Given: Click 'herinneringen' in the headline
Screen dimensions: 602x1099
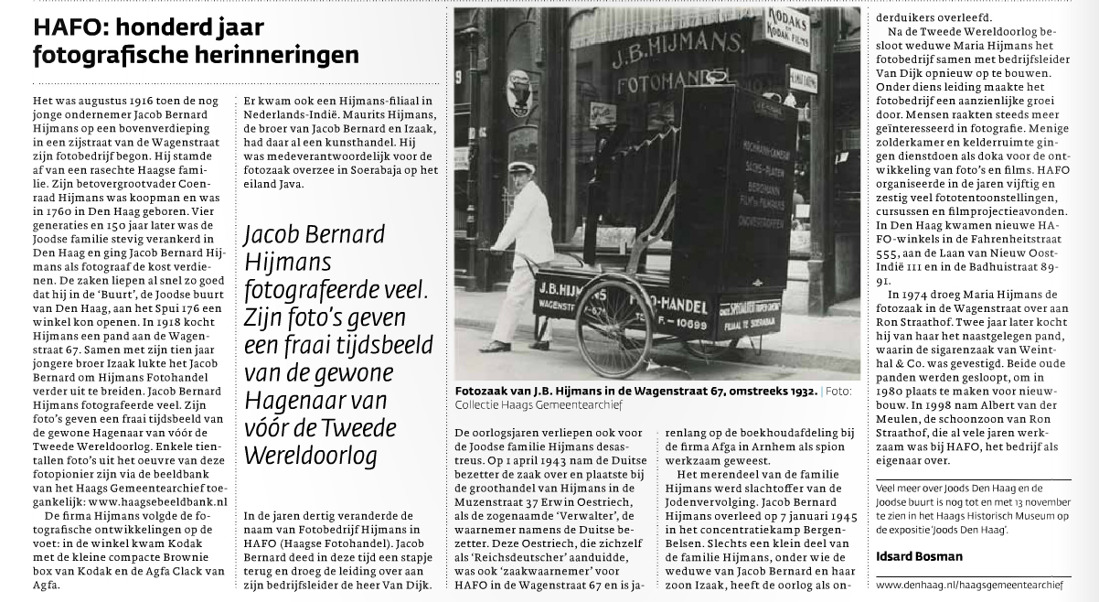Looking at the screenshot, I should [x=283, y=56].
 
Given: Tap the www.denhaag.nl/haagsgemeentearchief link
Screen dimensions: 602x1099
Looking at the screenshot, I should [x=969, y=584].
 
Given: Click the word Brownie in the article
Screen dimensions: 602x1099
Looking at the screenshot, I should [x=205, y=557].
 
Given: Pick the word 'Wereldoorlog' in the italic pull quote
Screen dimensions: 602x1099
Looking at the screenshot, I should [x=303, y=456].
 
